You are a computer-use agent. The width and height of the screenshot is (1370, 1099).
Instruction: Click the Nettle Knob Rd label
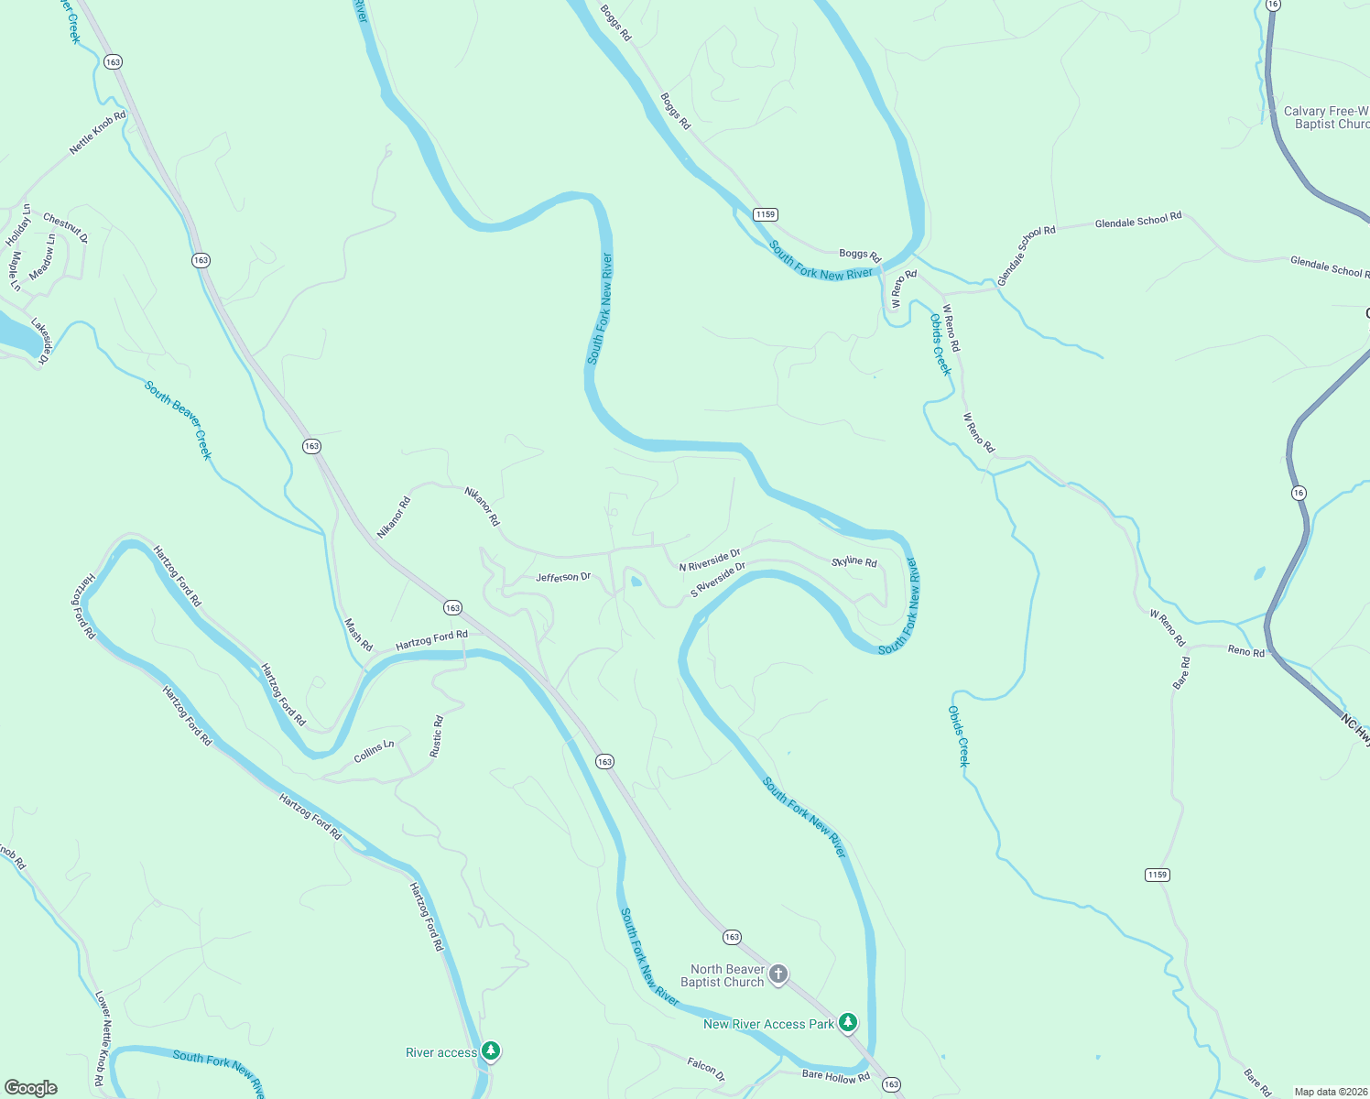coord(97,133)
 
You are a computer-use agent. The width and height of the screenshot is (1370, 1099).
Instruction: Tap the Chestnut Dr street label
coord(65,228)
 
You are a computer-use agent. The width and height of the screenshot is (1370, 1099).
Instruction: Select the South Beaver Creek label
coord(178,419)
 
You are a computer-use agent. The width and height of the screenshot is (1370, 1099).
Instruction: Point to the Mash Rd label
coord(358,635)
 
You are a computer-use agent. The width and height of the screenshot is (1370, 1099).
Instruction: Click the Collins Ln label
coord(374,751)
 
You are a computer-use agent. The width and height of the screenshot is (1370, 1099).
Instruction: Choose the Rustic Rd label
coord(437,736)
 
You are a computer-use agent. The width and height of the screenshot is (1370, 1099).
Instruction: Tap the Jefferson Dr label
coord(563,578)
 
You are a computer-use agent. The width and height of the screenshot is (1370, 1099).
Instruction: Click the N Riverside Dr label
coord(709,560)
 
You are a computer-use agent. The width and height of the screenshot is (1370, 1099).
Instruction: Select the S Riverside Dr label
coord(718,580)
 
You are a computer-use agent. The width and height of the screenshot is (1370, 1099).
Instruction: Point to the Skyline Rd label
coord(854,561)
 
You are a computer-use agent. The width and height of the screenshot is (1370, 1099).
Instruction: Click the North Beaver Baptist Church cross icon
coord(778,974)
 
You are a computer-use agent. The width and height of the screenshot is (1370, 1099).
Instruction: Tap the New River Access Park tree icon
coord(848,1022)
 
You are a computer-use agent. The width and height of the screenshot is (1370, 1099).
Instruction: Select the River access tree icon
coord(491,1050)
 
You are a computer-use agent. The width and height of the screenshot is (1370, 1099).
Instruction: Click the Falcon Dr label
coord(705,1069)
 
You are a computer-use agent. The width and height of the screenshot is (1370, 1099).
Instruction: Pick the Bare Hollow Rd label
coord(835,1075)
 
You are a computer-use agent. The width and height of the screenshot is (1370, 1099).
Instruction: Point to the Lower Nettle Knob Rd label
coord(103,1038)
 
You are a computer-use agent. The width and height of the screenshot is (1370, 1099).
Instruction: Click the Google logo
coord(31,1087)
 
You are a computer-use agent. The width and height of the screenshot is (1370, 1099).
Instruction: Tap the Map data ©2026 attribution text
coord(1330,1092)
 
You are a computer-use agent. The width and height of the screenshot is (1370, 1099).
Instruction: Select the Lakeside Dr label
coord(40,342)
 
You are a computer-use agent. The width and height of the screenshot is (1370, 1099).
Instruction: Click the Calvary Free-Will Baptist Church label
coord(1326,117)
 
